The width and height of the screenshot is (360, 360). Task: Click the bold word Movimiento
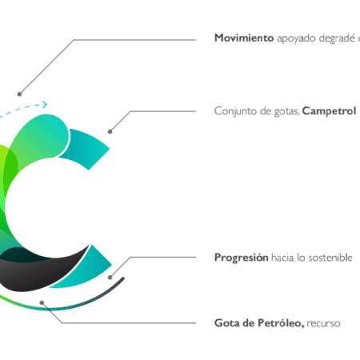coord(244,38)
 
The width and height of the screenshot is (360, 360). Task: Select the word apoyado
coord(296,39)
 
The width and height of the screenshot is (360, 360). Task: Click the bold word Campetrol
coord(329,111)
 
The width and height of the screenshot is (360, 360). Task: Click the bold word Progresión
coord(242,258)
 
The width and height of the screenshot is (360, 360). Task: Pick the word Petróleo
coord(281,323)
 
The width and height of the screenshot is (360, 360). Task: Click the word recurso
coord(323,324)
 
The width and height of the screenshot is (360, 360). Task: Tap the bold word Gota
coord(227,323)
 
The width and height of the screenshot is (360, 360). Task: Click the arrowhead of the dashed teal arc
coord(45,104)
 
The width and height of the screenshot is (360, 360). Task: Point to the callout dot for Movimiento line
coord(19,94)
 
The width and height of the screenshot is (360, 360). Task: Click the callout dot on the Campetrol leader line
coord(110,131)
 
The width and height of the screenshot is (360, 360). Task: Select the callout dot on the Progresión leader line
coord(110,278)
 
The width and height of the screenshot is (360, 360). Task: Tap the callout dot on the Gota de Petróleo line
coord(42,302)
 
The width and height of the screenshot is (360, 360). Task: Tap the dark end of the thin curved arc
coord(123,278)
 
